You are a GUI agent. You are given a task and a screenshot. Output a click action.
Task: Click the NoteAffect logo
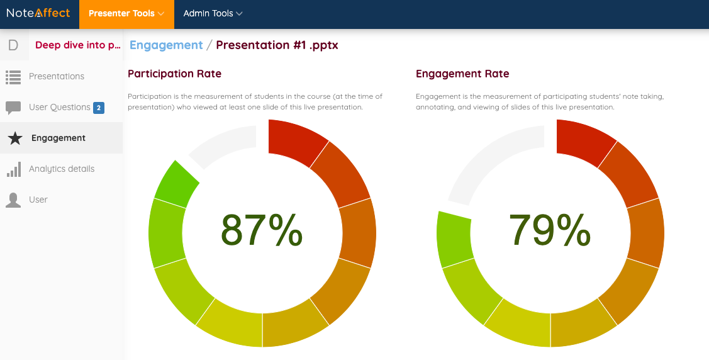point(38,13)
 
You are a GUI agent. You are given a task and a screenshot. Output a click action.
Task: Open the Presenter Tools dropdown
point(126,13)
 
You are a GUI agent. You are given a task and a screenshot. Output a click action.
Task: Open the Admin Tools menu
point(213,13)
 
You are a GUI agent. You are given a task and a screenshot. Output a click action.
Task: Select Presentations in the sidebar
point(56,76)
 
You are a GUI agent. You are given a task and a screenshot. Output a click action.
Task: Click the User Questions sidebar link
point(59,107)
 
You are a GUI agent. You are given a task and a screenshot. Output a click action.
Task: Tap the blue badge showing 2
point(99,108)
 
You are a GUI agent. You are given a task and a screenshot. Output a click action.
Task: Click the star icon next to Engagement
point(14,138)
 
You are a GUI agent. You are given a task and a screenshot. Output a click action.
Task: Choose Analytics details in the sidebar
point(61,169)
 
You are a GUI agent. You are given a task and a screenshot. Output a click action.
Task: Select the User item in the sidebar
point(38,200)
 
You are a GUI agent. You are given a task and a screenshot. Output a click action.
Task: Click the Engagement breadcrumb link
point(166,45)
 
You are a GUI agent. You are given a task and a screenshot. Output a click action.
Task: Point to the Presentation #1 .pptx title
point(277,45)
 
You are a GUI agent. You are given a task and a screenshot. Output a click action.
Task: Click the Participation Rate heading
point(174,74)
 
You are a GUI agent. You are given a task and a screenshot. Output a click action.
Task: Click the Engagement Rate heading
point(462,74)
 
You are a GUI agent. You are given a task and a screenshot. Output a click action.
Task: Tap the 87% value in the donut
point(262,230)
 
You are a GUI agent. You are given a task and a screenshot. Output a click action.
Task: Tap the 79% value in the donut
point(550,230)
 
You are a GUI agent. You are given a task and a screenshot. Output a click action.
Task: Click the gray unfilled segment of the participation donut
point(223,142)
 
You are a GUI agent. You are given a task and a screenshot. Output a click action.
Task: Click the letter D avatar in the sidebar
point(13,45)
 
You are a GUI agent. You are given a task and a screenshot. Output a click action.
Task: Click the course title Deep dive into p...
point(77,45)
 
